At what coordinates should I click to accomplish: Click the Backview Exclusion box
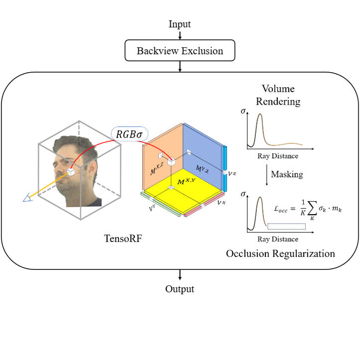pyautogui.click(x=180, y=51)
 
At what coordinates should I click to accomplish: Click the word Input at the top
pyautogui.click(x=180, y=24)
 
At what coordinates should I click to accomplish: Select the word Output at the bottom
pyautogui.click(x=180, y=289)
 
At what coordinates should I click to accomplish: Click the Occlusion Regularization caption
pyautogui.click(x=280, y=253)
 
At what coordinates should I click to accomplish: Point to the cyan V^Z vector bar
pyautogui.click(x=226, y=169)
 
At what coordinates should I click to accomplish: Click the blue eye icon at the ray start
pyautogui.click(x=28, y=199)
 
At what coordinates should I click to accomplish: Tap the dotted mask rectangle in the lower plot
pyautogui.click(x=286, y=226)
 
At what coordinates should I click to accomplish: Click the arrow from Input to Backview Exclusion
pyautogui.click(x=180, y=35)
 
